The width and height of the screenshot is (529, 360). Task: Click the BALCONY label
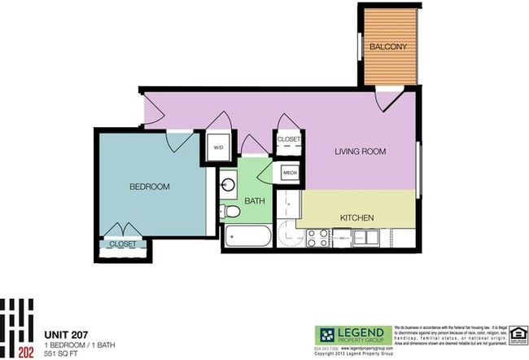tap(387, 46)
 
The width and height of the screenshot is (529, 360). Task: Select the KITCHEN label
tap(356, 217)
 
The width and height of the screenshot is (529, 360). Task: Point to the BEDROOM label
tap(150, 187)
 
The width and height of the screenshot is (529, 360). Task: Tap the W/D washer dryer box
tap(218, 148)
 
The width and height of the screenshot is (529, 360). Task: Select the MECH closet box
tap(290, 173)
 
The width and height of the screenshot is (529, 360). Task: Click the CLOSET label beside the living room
tap(289, 139)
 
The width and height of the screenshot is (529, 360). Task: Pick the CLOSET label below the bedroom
tap(123, 244)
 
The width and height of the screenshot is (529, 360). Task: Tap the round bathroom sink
tap(228, 184)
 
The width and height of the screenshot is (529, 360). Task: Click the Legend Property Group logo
tap(352, 334)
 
